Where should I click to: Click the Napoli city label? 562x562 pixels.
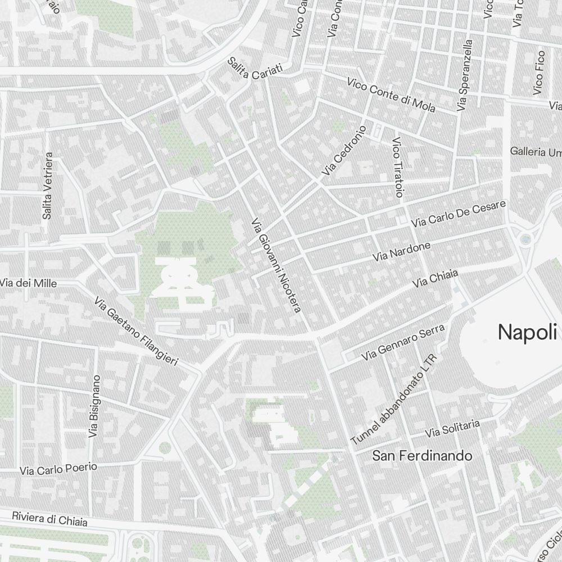point(527,332)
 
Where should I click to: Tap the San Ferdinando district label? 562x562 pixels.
point(422,456)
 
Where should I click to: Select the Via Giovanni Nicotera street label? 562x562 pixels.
point(277,265)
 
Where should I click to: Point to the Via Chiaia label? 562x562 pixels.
point(435,278)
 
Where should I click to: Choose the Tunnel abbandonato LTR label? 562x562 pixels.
point(393,400)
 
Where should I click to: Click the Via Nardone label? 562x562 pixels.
point(402,251)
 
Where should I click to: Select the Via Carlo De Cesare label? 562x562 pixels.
point(459,214)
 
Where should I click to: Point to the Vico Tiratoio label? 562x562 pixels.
point(397,167)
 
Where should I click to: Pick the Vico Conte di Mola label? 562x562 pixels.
point(391,94)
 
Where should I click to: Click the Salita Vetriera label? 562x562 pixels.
point(47,185)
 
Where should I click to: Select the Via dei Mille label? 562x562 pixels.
point(28,284)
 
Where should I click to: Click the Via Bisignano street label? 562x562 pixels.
point(93,406)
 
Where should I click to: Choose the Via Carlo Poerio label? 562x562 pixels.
point(58,469)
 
